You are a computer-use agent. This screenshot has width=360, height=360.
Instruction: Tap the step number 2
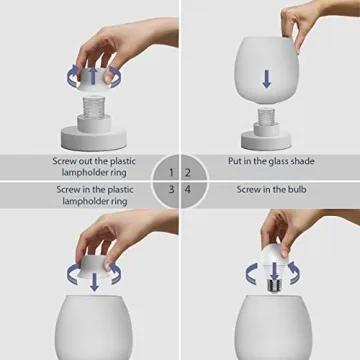coord(189,172)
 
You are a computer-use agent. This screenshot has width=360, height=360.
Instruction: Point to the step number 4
coord(189,188)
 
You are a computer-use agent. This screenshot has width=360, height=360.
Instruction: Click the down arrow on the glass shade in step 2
coord(267,78)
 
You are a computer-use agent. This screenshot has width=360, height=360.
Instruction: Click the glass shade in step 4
coord(270,330)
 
